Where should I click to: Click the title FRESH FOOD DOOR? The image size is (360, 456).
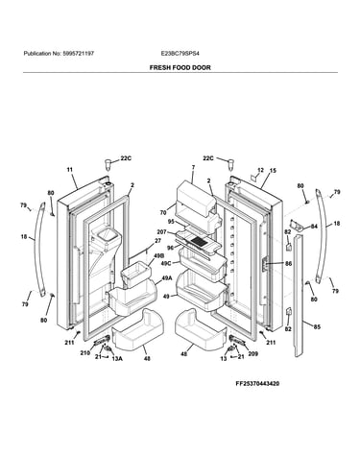point(180,68)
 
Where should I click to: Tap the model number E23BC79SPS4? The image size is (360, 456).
point(180,54)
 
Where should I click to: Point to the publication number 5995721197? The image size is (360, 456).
point(78,54)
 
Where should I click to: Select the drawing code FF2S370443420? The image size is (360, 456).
point(257,383)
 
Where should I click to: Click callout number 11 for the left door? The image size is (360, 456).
point(70,170)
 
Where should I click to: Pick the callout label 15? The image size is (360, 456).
point(273,171)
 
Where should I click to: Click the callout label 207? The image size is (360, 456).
point(161,232)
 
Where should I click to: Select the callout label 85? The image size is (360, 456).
point(317,327)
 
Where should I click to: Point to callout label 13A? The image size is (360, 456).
point(117,359)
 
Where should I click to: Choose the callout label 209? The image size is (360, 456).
point(252,354)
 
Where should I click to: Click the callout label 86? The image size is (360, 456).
point(288,264)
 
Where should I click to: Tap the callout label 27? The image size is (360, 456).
point(157,241)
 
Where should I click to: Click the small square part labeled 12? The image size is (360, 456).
point(253,177)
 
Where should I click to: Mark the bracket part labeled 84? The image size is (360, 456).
point(297,226)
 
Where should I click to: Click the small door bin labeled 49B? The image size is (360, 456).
point(135,274)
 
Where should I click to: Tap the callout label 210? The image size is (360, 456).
point(84,353)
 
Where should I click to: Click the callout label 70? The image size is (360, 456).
point(163,212)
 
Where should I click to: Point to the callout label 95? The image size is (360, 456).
point(171,222)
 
